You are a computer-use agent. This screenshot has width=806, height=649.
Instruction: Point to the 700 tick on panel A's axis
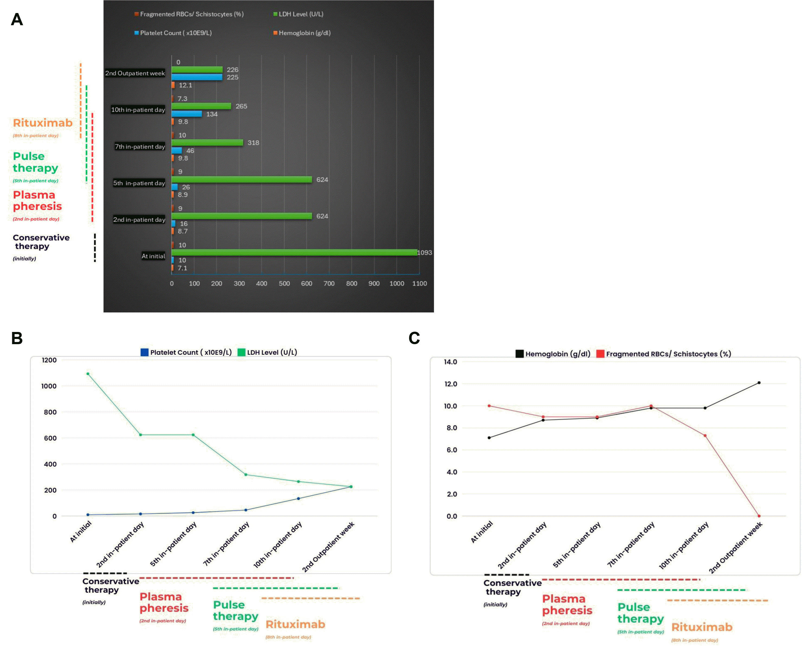(329, 284)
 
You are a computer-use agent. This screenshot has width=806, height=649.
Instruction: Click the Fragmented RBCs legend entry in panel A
(189, 14)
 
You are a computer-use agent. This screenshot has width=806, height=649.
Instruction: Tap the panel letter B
(17, 338)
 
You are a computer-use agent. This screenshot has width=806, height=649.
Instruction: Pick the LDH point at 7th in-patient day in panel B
(246, 475)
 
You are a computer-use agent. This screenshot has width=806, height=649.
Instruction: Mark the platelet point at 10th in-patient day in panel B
(298, 499)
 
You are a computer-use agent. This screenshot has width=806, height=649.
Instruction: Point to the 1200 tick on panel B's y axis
(49, 360)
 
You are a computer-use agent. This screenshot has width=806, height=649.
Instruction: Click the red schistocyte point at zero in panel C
(759, 516)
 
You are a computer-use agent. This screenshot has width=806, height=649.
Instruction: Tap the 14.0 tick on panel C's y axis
(451, 362)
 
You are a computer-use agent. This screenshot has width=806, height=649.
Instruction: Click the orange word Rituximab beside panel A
(43, 123)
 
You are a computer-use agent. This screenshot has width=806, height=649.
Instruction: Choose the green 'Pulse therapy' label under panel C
(640, 613)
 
